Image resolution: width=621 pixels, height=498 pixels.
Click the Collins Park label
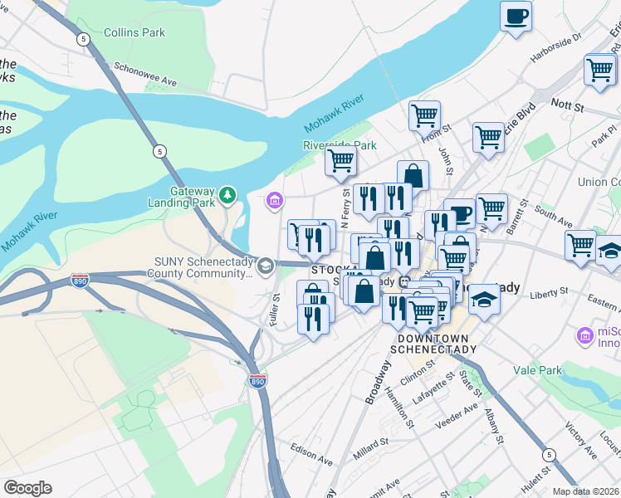[134, 33]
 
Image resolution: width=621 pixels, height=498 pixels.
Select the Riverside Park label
[340, 145]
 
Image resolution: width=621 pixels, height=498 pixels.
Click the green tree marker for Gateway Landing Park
[227, 196]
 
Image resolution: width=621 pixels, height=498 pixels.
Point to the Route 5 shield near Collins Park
[83, 39]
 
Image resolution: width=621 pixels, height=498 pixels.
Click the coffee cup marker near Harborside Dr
[516, 17]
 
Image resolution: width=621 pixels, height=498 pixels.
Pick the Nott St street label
[568, 107]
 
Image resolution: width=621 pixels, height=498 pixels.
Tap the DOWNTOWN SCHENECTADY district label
[437, 344]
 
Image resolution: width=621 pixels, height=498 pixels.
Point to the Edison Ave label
[311, 453]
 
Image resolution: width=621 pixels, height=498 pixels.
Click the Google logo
[27, 488]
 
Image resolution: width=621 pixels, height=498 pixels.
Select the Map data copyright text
[585, 491]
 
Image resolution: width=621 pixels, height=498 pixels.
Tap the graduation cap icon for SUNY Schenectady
[266, 266]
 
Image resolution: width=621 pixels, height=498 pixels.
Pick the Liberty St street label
[550, 292]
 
